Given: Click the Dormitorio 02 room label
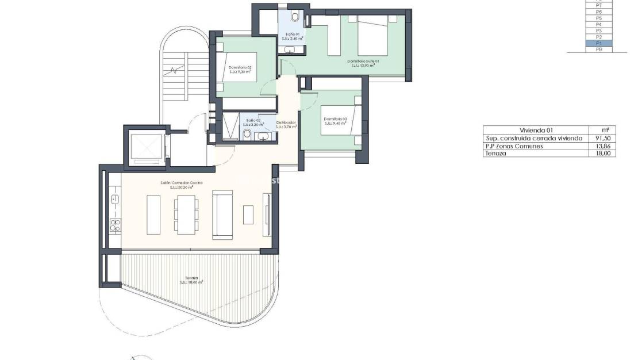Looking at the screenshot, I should click(x=240, y=70).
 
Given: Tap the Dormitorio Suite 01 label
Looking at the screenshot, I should click(x=363, y=63).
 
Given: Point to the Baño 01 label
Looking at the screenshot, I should click(x=293, y=37).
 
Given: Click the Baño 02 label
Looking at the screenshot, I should click(x=253, y=123).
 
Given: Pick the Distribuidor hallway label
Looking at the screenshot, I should click(x=286, y=124).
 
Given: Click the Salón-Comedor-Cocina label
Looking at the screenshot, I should click(x=182, y=185).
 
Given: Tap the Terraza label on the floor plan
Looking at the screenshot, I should click(x=191, y=279).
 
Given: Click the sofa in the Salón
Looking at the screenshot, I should click(x=222, y=215).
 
